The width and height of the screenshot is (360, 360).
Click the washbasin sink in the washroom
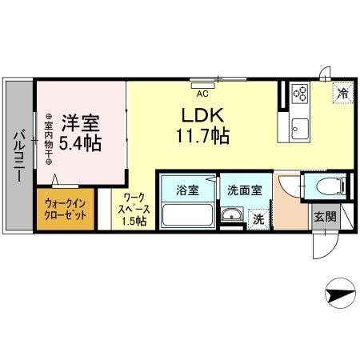231,214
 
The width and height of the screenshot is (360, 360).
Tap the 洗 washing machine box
258,216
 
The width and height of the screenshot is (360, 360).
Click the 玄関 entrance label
323,218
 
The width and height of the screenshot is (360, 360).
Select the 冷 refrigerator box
341,92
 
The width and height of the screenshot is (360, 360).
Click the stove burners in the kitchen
300,94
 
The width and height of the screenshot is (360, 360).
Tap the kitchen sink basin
300,125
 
